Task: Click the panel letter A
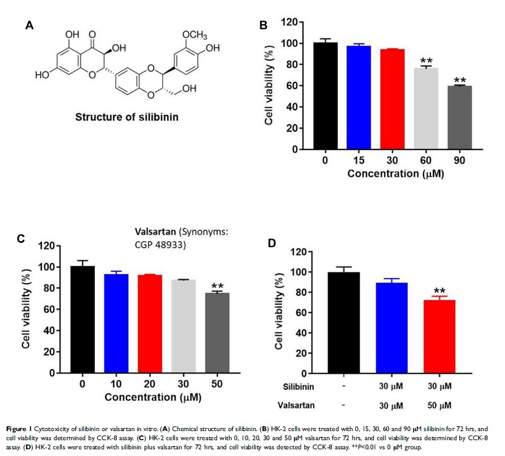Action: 29,25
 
